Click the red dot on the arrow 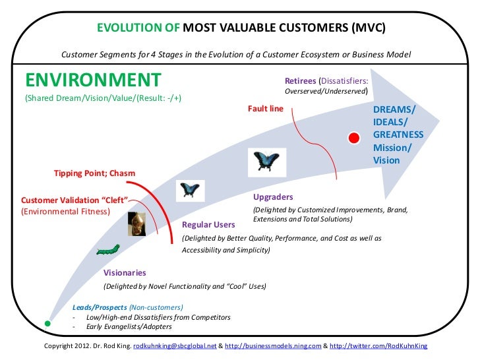[353, 137]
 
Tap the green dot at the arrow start [47, 324]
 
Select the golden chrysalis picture [136, 224]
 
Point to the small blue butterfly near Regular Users [191, 191]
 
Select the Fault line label [265, 108]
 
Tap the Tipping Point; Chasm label [94, 173]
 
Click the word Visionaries [125, 272]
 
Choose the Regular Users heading [208, 225]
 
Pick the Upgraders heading [273, 197]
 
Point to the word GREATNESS [398, 134]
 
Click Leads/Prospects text [100, 307]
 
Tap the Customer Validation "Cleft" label [73, 200]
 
